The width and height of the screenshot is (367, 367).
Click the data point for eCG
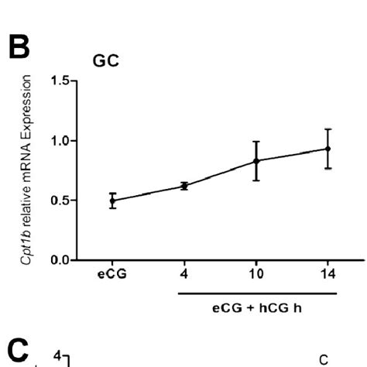point(113,201)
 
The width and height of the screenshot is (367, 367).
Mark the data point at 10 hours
point(256,160)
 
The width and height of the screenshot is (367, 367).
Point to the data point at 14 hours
point(328,149)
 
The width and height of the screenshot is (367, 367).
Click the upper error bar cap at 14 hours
point(328,129)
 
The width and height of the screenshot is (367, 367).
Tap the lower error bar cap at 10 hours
point(256,180)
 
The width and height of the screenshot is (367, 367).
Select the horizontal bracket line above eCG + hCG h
point(257,293)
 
